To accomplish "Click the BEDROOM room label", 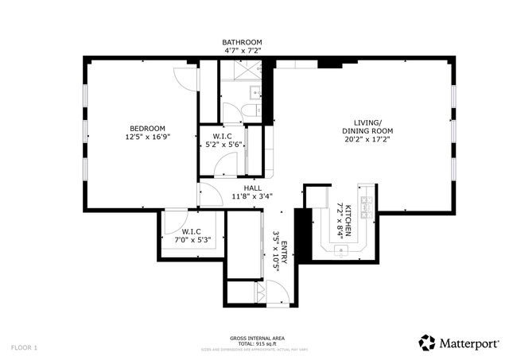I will click(x=148, y=129).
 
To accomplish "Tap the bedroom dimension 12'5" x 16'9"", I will click(x=148, y=137).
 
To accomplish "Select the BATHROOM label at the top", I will click(x=242, y=42).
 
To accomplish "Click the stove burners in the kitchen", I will click(x=367, y=206).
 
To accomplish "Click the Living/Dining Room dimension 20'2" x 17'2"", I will click(x=368, y=139).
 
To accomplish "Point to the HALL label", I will click(x=242, y=188).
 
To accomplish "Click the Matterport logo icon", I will click(x=428, y=342).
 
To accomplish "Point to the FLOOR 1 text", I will click(x=25, y=347).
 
